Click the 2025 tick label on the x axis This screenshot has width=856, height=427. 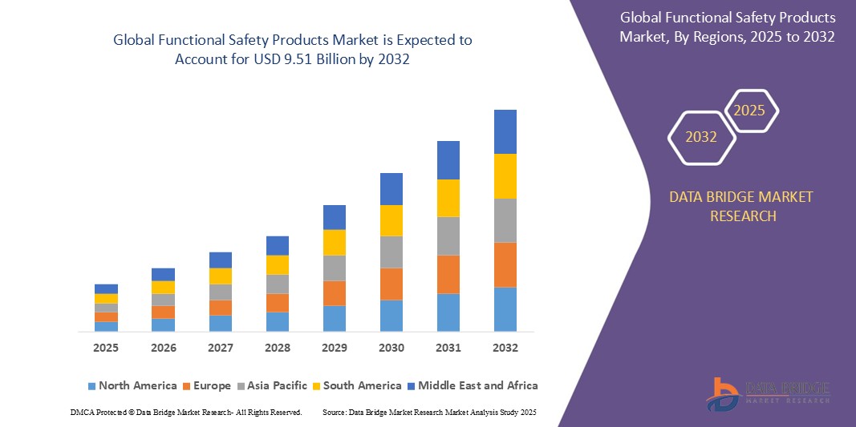point(106,348)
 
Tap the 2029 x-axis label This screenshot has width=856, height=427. point(335,348)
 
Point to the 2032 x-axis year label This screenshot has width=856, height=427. point(505,348)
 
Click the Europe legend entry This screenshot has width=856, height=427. point(206,385)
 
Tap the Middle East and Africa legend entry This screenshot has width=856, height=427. point(472,385)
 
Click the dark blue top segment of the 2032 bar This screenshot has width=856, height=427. point(505,131)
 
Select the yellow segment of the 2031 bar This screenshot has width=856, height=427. point(448,198)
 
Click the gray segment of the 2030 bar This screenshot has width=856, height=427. point(391,252)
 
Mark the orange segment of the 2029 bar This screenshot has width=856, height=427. point(335,293)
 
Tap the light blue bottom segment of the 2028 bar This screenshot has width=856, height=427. point(278,321)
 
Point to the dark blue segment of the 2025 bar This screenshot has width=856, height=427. point(106,288)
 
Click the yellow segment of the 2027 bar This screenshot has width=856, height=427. point(221,276)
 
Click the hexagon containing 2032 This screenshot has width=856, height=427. point(701,137)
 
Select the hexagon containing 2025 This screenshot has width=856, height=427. point(750,111)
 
